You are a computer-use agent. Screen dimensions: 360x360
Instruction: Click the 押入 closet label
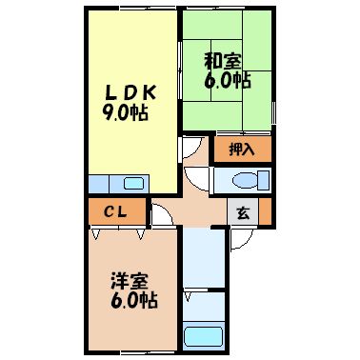(x=243, y=149)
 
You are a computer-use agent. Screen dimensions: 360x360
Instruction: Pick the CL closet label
(x=116, y=210)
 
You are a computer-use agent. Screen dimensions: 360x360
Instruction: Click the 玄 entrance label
(x=243, y=213)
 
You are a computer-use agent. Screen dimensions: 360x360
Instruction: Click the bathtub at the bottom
(x=203, y=335)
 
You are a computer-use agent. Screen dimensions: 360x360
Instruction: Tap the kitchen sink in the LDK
(x=131, y=184)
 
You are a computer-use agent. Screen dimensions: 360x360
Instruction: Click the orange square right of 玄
(x=265, y=211)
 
